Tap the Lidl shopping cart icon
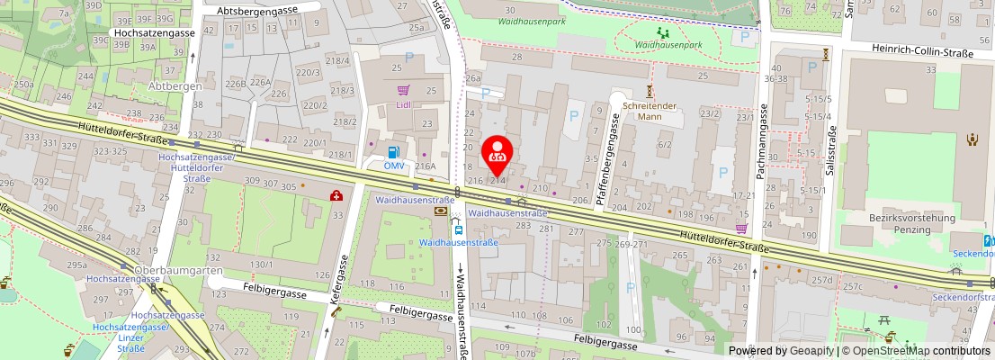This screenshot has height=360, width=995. [404, 90]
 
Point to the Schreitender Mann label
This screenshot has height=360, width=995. [649, 111]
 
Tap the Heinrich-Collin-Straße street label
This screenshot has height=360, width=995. [922, 54]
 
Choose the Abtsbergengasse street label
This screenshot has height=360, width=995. [262, 10]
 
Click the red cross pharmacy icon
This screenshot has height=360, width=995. [336, 195]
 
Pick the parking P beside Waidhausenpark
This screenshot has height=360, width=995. [744, 38]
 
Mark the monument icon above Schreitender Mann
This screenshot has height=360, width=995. [650, 91]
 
